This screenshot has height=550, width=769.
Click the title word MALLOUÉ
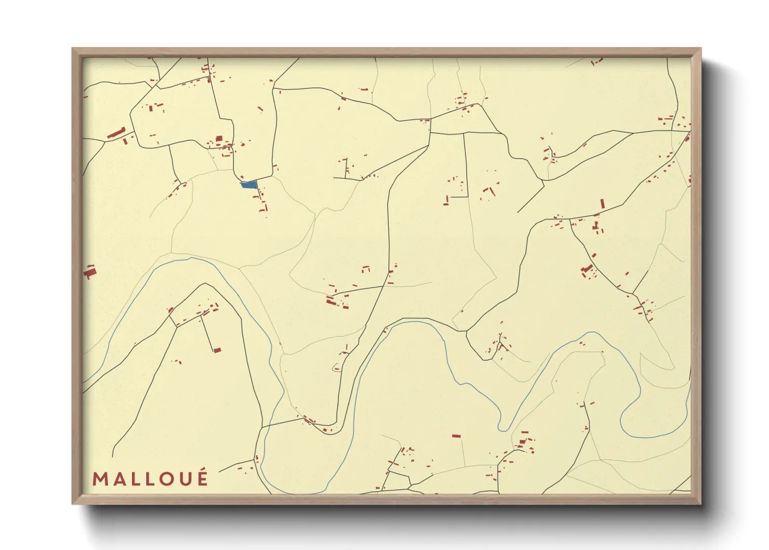tap(151, 479)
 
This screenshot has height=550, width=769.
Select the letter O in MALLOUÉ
tap(167, 479)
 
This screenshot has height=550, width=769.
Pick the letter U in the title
tap(185, 479)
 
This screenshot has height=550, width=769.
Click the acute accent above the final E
tap(203, 470)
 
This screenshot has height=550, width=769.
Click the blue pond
tap(249, 185)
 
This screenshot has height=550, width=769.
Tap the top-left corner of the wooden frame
tap(73, 49)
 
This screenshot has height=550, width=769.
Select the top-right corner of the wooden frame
tap(700, 49)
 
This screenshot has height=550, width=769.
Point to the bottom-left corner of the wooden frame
tap(73, 503)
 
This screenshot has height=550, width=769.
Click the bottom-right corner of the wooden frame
tap(700, 503)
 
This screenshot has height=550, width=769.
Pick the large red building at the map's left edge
tap(90, 271)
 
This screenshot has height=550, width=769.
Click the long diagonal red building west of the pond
tap(116, 133)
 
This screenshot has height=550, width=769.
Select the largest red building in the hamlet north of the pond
tap(219, 139)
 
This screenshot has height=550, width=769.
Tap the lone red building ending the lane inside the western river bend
tap(217, 350)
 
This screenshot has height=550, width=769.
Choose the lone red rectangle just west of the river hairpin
tap(456, 436)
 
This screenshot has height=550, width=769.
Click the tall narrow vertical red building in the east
tap(603, 203)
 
